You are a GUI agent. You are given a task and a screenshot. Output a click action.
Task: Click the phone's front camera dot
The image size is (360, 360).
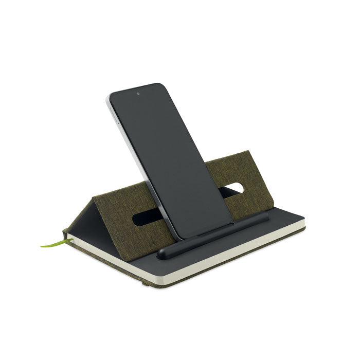(138, 95)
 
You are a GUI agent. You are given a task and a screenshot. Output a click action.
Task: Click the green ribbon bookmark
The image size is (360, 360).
(53, 242)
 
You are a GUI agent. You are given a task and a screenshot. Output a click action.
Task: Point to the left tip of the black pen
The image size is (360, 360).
(160, 253)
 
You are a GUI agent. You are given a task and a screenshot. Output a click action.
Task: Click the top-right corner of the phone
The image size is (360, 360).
(157, 85)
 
